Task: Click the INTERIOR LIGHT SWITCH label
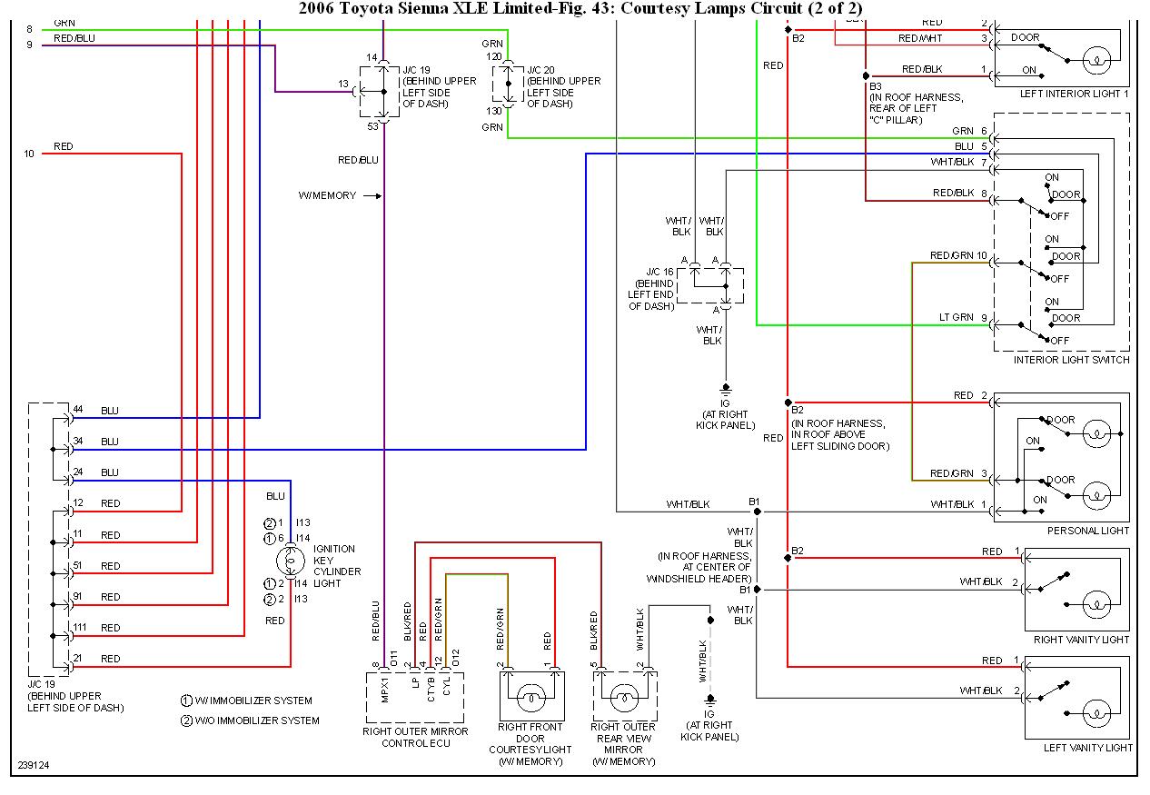pos(1072,360)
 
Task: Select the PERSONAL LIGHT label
pos(1088,531)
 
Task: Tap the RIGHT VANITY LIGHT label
pos(1081,640)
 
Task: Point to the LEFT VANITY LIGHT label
pos(1087,748)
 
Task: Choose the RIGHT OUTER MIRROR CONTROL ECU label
pos(415,737)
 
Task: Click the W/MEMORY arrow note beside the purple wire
pos(339,195)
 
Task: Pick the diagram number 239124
pos(33,765)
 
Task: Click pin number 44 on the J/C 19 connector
pos(78,410)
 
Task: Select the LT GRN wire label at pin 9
pos(956,317)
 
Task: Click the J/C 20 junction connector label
pos(542,68)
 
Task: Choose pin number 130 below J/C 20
pos(493,111)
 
